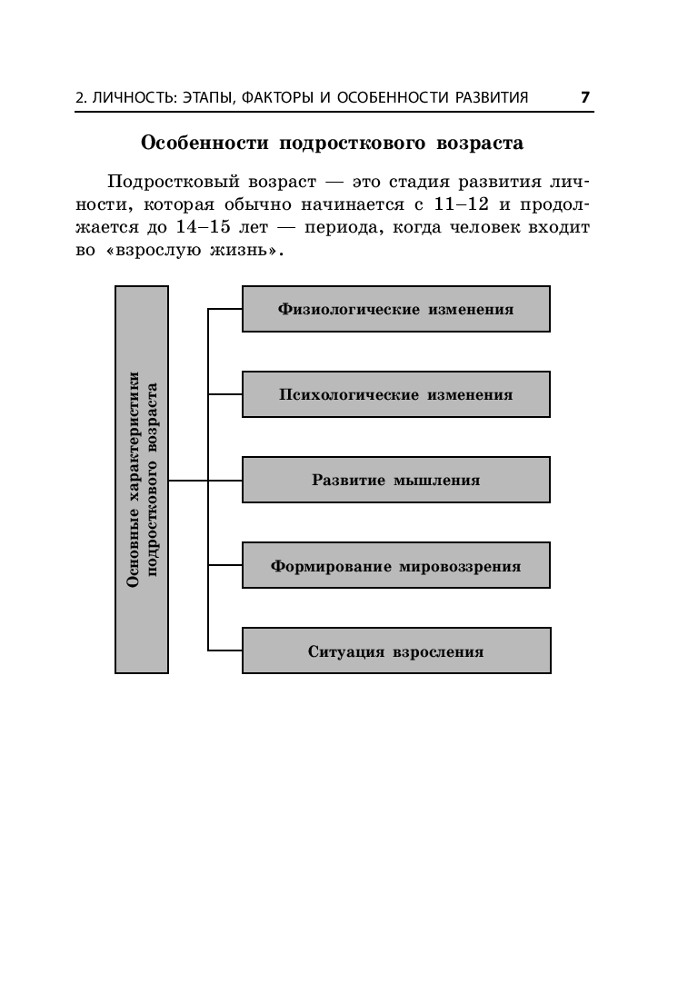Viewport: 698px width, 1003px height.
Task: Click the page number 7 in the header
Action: [585, 96]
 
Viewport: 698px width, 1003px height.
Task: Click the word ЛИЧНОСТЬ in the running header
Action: [135, 97]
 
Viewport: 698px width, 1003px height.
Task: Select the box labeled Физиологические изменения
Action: [395, 309]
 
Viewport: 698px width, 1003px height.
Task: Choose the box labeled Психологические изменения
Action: [395, 394]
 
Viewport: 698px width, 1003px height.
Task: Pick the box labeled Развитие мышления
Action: [395, 480]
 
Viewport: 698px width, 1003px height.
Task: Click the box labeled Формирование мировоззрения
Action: [395, 566]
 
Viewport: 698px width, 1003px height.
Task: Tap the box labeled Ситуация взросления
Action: [395, 651]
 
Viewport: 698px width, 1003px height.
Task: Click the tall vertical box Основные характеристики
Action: [142, 480]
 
